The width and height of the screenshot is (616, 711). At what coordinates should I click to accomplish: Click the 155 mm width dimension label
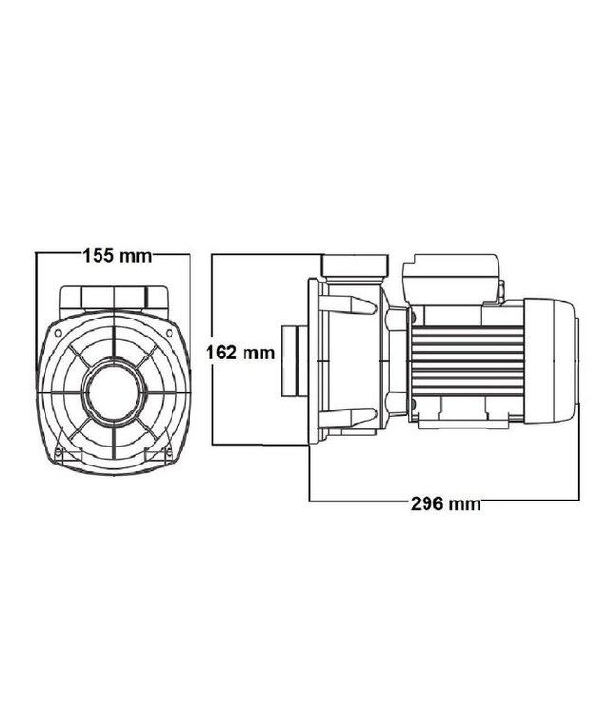click(117, 255)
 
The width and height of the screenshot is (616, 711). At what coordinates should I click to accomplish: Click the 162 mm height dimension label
click(241, 354)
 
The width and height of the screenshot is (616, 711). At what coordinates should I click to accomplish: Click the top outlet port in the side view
click(355, 265)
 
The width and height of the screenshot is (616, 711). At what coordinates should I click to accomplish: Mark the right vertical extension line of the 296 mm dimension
click(578, 427)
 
